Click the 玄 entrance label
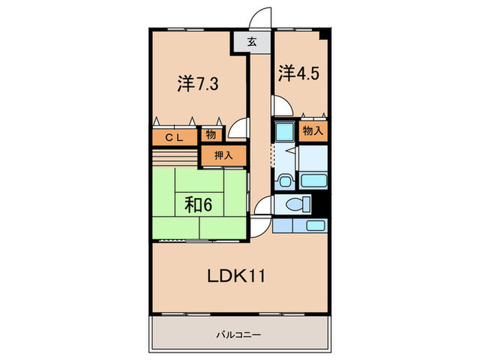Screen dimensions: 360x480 [x=252, y=42]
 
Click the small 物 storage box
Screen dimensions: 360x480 [x=211, y=134]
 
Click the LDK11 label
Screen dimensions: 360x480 [x=236, y=276]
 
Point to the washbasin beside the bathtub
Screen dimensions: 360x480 [x=283, y=181]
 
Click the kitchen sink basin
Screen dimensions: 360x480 [x=316, y=226]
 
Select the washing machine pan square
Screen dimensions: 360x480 [x=283, y=130]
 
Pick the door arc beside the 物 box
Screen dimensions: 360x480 [x=238, y=128]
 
